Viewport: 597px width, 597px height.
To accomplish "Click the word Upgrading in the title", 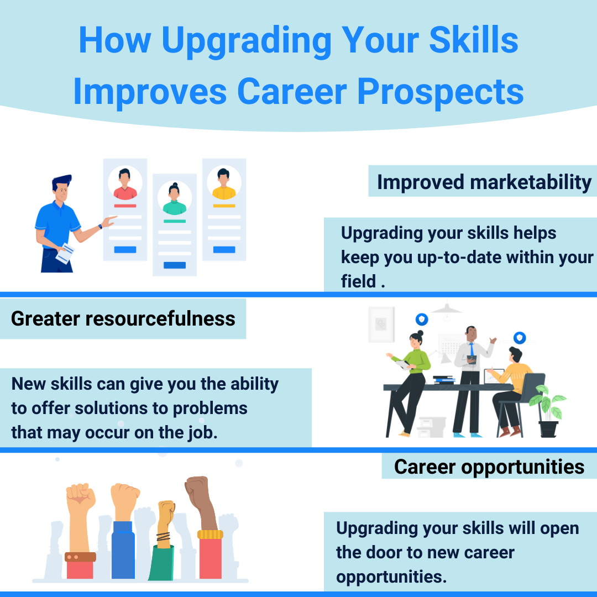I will [246, 41].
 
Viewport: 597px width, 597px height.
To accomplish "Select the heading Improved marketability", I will [484, 182].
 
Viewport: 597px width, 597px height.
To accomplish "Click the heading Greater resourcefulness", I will [123, 318].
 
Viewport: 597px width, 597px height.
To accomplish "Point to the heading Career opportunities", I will [489, 467].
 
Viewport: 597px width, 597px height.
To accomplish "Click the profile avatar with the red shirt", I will [125, 184].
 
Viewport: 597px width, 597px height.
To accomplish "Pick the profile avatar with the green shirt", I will [174, 199].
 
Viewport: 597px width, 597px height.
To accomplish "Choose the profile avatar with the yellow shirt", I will [224, 184].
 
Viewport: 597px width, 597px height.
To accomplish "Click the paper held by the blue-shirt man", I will [65, 253].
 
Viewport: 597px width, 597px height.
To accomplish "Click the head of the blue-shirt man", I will [62, 189].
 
